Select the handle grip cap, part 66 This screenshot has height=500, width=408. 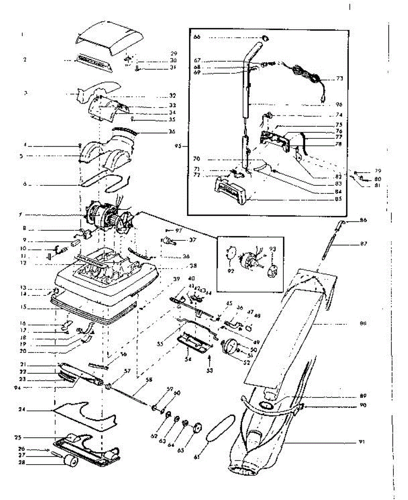(x=265, y=38)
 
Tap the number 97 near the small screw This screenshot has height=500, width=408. (x=179, y=230)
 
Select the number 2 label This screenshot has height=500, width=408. (x=25, y=60)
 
